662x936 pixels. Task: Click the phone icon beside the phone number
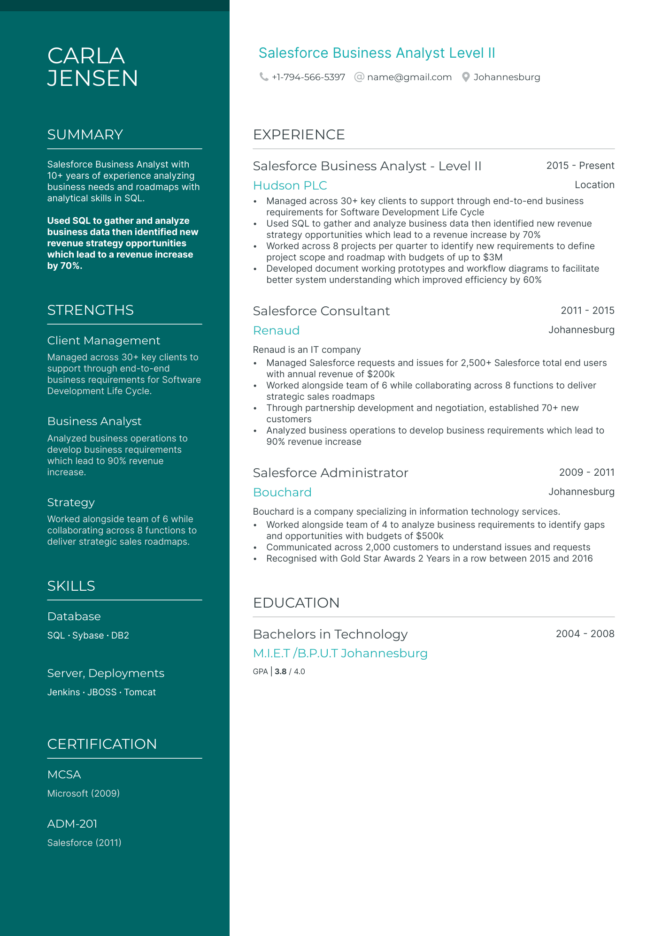point(264,77)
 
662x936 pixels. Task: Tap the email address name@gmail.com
point(409,77)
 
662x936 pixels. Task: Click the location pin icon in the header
point(465,77)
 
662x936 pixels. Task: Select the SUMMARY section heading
point(85,135)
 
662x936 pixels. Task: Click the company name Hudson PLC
point(290,185)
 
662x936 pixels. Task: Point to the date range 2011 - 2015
point(587,311)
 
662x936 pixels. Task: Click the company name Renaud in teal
point(276,330)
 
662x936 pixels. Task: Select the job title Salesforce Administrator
point(330,473)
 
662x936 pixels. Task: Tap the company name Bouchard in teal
point(282,492)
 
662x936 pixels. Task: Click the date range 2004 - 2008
point(585,634)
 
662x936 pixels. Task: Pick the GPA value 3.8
point(280,671)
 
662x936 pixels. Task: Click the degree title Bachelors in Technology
point(330,634)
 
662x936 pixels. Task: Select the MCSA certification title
point(64,775)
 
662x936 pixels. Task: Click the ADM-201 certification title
point(72,824)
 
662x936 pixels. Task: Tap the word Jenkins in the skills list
point(63,692)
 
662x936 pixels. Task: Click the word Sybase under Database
point(88,635)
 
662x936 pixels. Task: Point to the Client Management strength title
point(104,341)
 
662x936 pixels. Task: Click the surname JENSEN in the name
point(92,78)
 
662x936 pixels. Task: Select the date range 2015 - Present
point(580,166)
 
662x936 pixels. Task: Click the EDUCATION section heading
point(296,603)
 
